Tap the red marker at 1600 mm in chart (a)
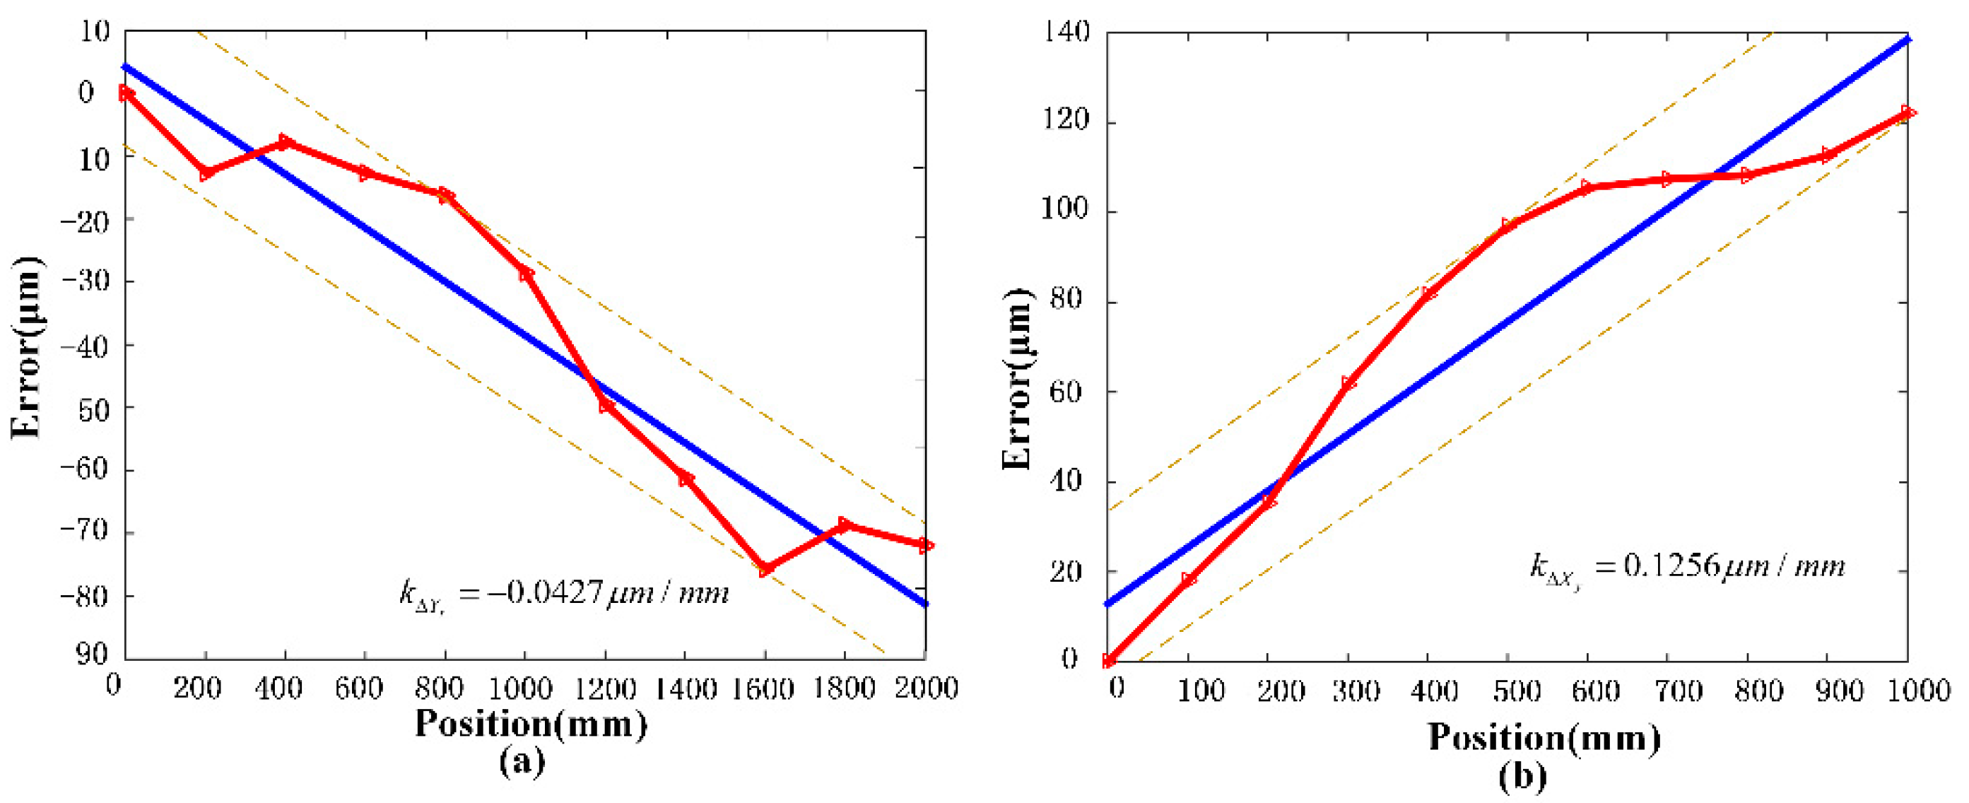coord(765,568)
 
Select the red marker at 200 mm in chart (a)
coord(206,173)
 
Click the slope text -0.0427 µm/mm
coord(564,592)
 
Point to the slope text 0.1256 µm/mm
coord(1687,567)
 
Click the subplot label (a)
coord(522,763)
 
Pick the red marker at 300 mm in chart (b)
coord(1349,382)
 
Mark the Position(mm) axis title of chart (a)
coord(531,723)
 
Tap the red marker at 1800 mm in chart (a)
coord(845,524)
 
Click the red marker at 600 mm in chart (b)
coord(1586,187)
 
